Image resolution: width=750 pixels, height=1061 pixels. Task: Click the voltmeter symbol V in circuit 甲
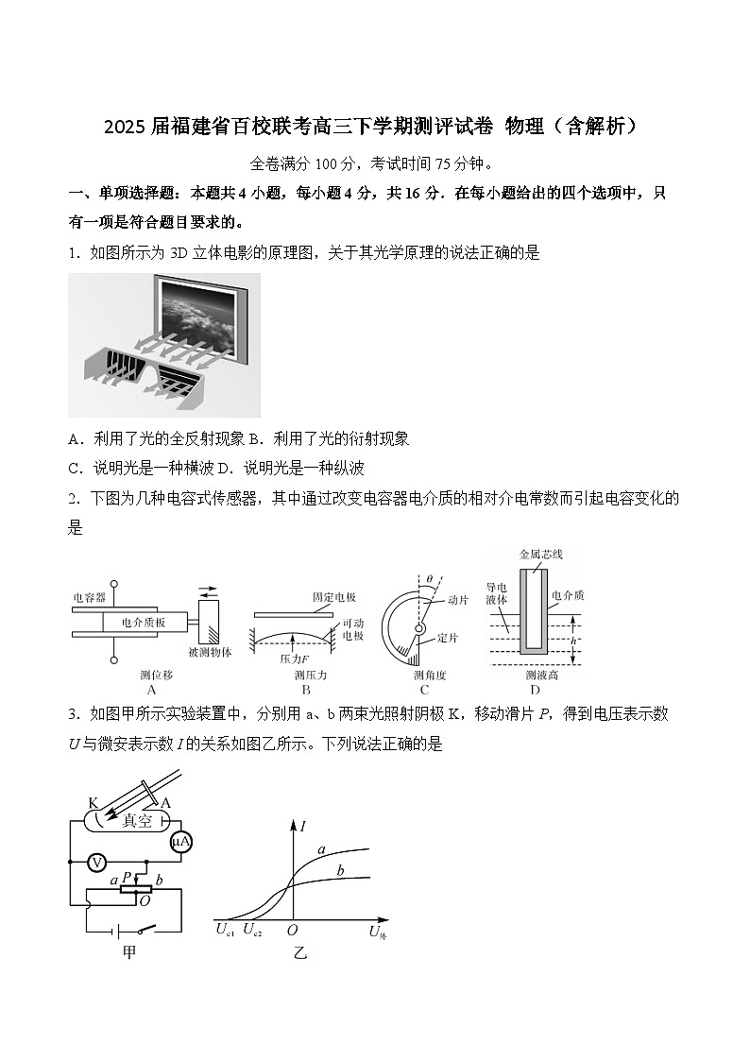point(95,862)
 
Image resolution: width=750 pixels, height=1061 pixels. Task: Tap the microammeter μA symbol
point(181,842)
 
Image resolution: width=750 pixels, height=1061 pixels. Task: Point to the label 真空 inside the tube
point(138,820)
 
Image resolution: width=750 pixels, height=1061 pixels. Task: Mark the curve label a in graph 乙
point(321,849)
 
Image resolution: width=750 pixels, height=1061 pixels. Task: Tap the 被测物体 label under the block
point(209,652)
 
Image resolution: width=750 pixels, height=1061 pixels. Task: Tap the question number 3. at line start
point(75,714)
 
